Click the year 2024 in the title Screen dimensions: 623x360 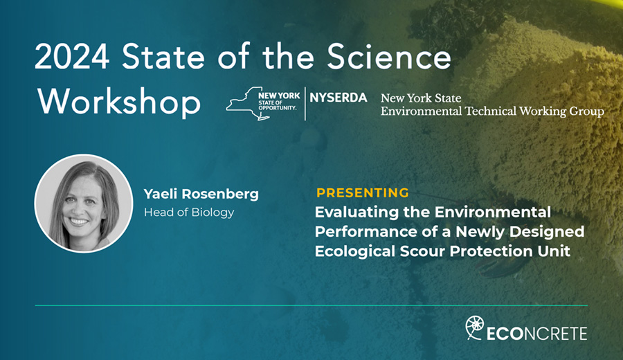tap(72, 57)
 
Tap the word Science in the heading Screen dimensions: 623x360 tap(389, 57)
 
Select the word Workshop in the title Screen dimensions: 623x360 tap(119, 102)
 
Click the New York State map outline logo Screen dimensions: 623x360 tap(253, 104)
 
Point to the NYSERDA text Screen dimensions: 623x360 tap(338, 98)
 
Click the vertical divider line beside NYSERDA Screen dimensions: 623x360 tap(305, 104)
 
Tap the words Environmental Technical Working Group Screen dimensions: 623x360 tap(492, 111)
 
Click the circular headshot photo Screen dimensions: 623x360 tap(84, 204)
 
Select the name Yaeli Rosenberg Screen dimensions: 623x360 tap(201, 194)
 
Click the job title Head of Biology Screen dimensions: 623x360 tap(189, 213)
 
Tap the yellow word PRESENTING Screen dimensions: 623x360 tap(362, 192)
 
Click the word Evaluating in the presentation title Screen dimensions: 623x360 tap(356, 212)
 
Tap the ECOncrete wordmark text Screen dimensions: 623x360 tap(536, 334)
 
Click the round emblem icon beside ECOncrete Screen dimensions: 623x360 tap(475, 327)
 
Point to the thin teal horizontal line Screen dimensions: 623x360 tap(311, 305)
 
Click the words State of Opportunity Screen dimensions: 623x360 tap(278, 105)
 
